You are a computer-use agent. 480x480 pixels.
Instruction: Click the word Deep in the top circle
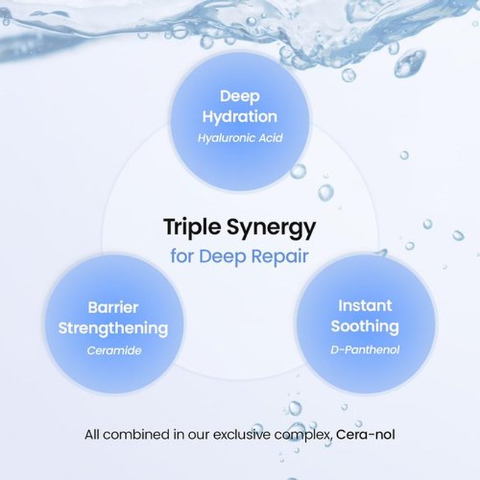(239, 97)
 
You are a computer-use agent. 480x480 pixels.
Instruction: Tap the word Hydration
(239, 116)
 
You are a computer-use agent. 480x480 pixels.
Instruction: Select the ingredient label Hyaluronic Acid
(240, 138)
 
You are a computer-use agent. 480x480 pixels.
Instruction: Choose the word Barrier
(113, 308)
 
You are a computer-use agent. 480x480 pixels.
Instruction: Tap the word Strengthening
(113, 328)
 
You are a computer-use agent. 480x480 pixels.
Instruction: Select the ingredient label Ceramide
(114, 350)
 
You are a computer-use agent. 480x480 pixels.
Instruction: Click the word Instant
(365, 306)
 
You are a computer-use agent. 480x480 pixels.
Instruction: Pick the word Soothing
(365, 326)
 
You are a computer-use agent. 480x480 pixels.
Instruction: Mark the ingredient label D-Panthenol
(365, 350)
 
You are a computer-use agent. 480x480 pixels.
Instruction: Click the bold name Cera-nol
(365, 434)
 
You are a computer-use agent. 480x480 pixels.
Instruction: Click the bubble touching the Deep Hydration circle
(298, 171)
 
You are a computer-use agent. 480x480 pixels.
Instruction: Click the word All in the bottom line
(92, 434)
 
